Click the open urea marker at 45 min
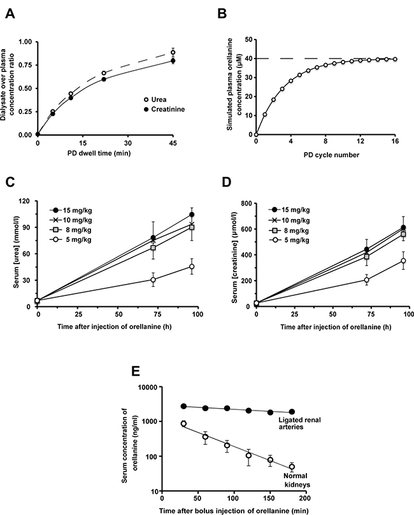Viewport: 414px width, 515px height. [x=190, y=52]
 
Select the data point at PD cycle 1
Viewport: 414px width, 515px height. [x=265, y=115]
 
